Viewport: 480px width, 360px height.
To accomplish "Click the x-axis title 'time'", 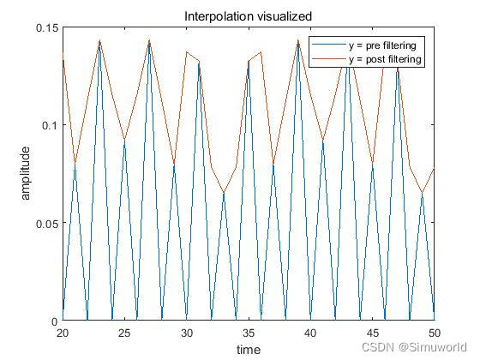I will [x=248, y=350].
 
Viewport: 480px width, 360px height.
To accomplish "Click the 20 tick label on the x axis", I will [x=63, y=333].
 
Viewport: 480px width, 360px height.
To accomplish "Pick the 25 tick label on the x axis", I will [x=124, y=333].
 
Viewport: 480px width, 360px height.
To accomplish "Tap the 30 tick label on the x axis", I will [x=186, y=333].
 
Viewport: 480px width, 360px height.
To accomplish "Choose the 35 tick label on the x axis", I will [x=249, y=333].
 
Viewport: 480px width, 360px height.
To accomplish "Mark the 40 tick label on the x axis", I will [x=310, y=333].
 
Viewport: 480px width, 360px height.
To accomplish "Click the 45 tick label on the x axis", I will [x=372, y=333].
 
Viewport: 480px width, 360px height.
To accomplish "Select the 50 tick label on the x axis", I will [x=434, y=333].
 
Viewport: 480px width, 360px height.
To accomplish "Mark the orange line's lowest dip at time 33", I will [x=224, y=192].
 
